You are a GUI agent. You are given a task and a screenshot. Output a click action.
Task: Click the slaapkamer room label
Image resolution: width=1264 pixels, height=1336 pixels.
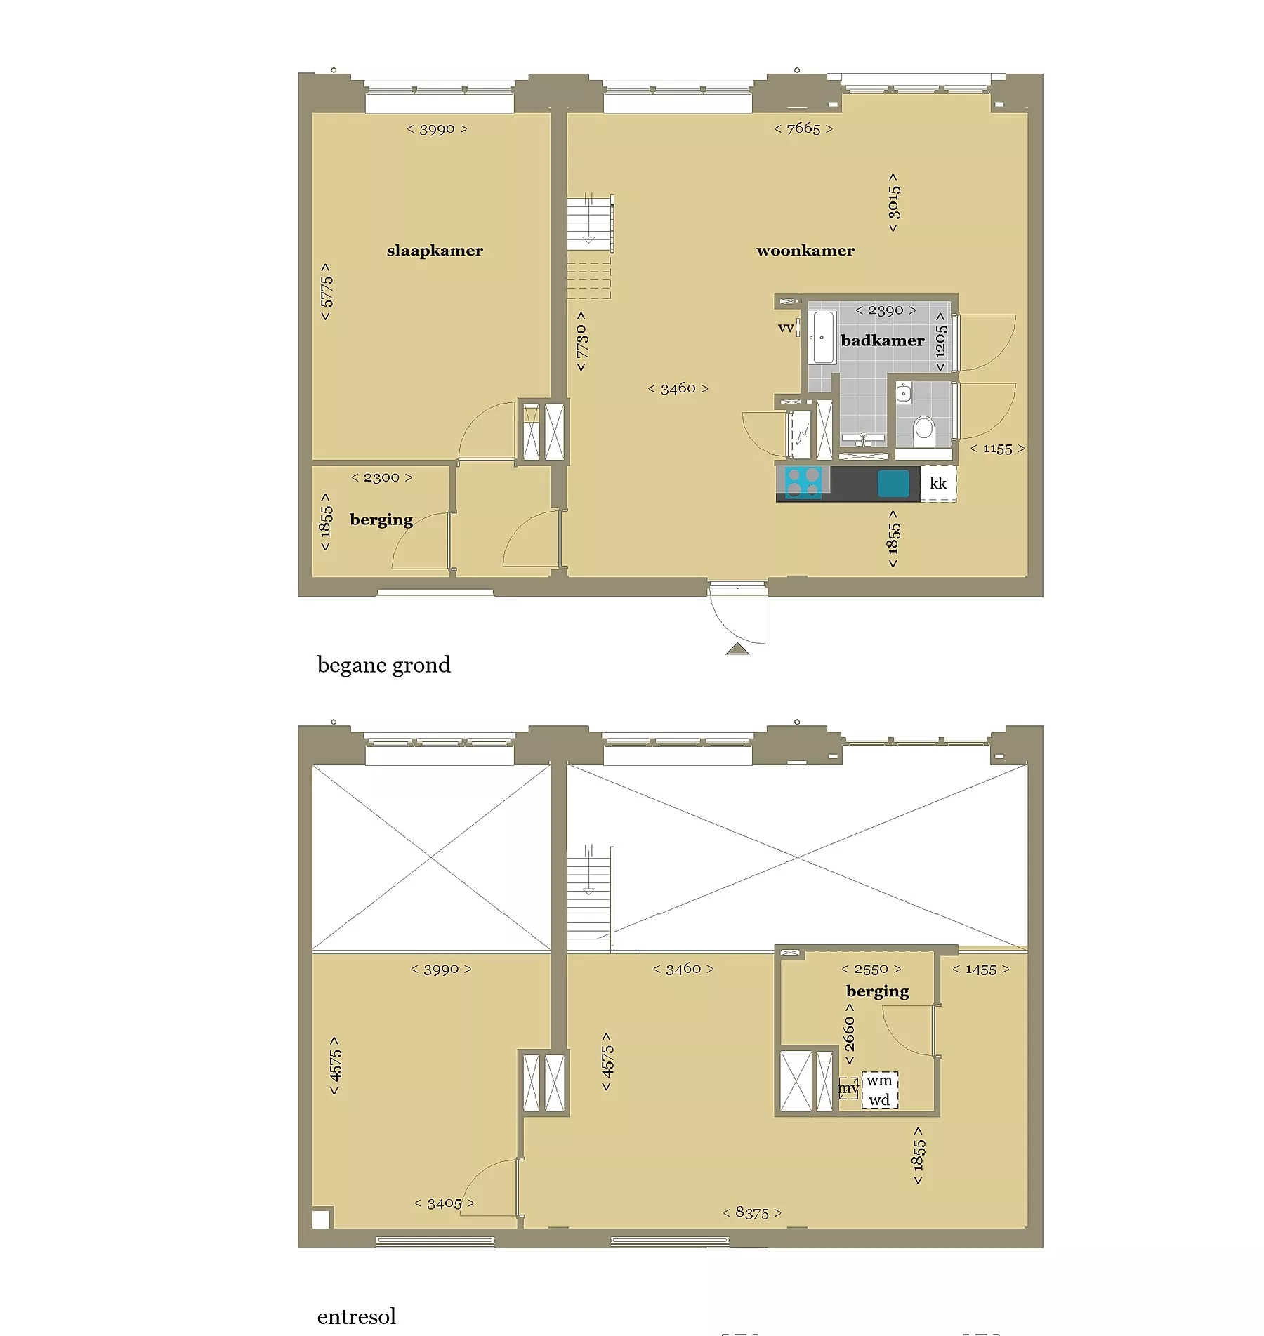[x=435, y=251]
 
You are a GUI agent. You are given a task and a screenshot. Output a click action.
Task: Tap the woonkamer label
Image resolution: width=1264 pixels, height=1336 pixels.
[x=805, y=251]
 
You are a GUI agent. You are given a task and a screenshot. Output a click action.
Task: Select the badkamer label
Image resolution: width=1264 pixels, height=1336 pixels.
[x=883, y=340]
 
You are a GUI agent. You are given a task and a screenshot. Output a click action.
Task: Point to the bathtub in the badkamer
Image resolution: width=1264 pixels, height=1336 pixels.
[x=823, y=338]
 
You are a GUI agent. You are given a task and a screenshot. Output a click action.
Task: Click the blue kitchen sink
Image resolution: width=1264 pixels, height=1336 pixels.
[x=893, y=484]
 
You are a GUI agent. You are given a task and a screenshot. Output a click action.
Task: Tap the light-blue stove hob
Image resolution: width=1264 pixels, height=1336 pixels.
[x=803, y=482]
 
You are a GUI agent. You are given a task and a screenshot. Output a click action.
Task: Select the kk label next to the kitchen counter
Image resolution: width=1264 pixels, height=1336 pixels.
[x=938, y=483]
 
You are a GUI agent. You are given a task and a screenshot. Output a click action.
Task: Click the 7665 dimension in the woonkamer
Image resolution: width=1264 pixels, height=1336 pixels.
[x=803, y=128]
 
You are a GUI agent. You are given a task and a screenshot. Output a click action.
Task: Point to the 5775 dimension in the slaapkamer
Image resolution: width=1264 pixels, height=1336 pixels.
[x=326, y=292]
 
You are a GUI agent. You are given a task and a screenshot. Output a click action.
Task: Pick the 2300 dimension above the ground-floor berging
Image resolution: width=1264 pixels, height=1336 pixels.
[x=381, y=477]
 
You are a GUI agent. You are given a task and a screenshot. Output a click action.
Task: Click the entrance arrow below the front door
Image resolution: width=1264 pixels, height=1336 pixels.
[x=737, y=649]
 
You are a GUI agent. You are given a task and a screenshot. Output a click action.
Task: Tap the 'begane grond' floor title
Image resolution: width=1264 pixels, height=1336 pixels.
[x=383, y=665]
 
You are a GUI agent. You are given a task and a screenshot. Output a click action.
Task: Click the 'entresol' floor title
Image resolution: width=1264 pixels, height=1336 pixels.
[x=357, y=1316]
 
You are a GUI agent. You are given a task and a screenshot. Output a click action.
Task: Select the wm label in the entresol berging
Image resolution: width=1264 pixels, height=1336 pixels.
[x=879, y=1080]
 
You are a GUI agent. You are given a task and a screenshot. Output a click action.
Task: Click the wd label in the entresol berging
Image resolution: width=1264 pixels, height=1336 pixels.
[x=879, y=1100]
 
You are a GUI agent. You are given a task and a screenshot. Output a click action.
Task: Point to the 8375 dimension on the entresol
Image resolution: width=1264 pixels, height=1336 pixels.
[x=752, y=1212]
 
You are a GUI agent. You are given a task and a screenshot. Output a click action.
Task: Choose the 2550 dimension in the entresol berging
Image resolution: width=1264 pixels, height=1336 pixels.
[x=871, y=969]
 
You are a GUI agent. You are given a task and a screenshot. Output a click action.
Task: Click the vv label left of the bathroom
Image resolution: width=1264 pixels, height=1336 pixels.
[x=786, y=328]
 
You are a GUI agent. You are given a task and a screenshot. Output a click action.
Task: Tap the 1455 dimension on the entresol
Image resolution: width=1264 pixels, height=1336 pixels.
[x=980, y=970]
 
